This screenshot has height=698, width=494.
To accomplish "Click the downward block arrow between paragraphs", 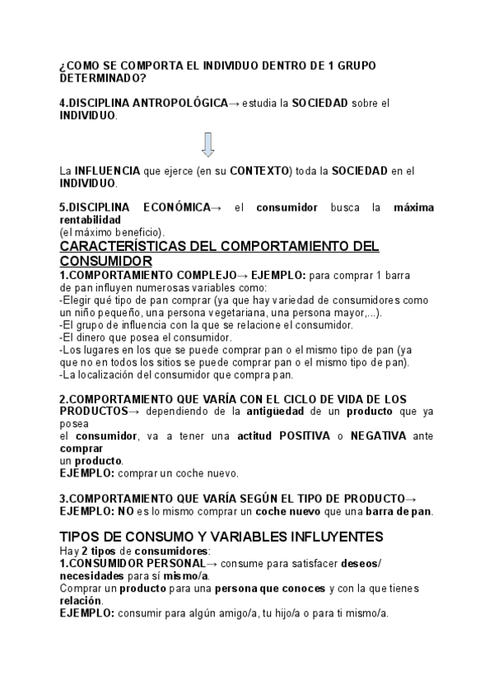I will click(207, 144).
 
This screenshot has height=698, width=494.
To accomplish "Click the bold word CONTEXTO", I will click(260, 170).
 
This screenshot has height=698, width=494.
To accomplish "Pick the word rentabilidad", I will click(91, 220).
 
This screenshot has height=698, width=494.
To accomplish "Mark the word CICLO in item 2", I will click(295, 398).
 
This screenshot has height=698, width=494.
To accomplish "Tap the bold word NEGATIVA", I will click(378, 435).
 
